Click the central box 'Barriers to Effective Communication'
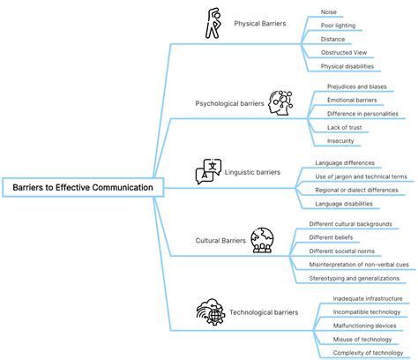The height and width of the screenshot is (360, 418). click(83, 187)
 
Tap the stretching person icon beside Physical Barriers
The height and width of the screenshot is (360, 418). click(213, 23)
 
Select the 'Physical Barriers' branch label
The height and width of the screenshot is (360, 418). click(260, 24)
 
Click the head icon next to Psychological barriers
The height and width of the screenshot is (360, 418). click(280, 102)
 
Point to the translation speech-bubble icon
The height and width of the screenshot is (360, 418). click(208, 171)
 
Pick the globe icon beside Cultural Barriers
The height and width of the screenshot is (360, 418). click(262, 240)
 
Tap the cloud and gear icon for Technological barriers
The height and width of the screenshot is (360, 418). click(211, 311)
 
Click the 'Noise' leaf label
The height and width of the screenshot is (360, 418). click(329, 12)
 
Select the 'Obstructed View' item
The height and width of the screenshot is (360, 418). click(344, 53)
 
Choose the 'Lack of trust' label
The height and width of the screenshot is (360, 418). click(344, 127)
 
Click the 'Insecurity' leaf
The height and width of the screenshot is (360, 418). click(340, 141)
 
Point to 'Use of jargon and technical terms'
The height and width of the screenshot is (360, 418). click(361, 176)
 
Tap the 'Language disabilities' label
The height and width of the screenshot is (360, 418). click(344, 204)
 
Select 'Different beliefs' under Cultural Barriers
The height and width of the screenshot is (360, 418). click(331, 237)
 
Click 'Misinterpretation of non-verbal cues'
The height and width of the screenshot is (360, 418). click(359, 265)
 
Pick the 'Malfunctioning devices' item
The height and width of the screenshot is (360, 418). click(364, 326)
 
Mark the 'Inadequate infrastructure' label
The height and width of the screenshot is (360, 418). click(368, 298)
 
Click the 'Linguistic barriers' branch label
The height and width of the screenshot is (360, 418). click(252, 172)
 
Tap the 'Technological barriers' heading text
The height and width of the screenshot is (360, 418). click(264, 312)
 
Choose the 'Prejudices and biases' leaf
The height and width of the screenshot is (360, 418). click(357, 86)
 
